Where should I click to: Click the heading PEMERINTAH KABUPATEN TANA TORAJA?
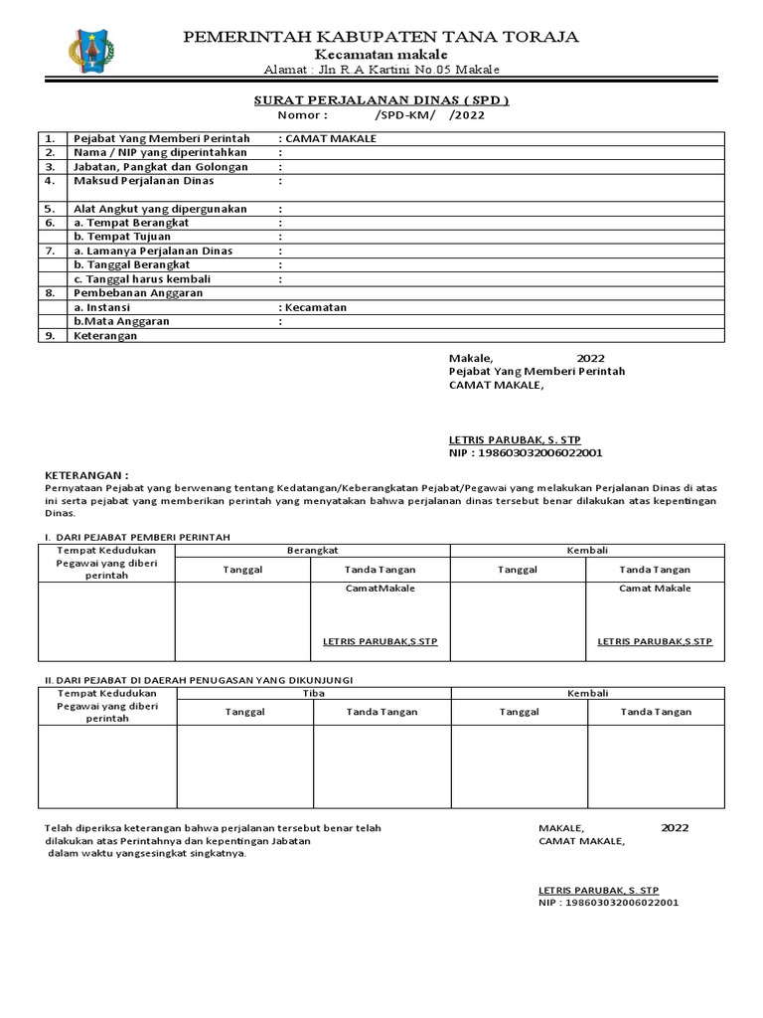[x=381, y=37]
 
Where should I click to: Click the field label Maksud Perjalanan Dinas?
[x=144, y=182]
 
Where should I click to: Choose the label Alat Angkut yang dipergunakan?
[x=161, y=210]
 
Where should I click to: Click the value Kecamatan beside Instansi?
[x=314, y=308]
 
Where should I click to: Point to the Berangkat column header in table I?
[x=313, y=550]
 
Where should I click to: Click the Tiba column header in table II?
[x=314, y=693]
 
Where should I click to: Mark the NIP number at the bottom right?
[x=609, y=904]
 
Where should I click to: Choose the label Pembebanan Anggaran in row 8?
[x=139, y=293]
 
